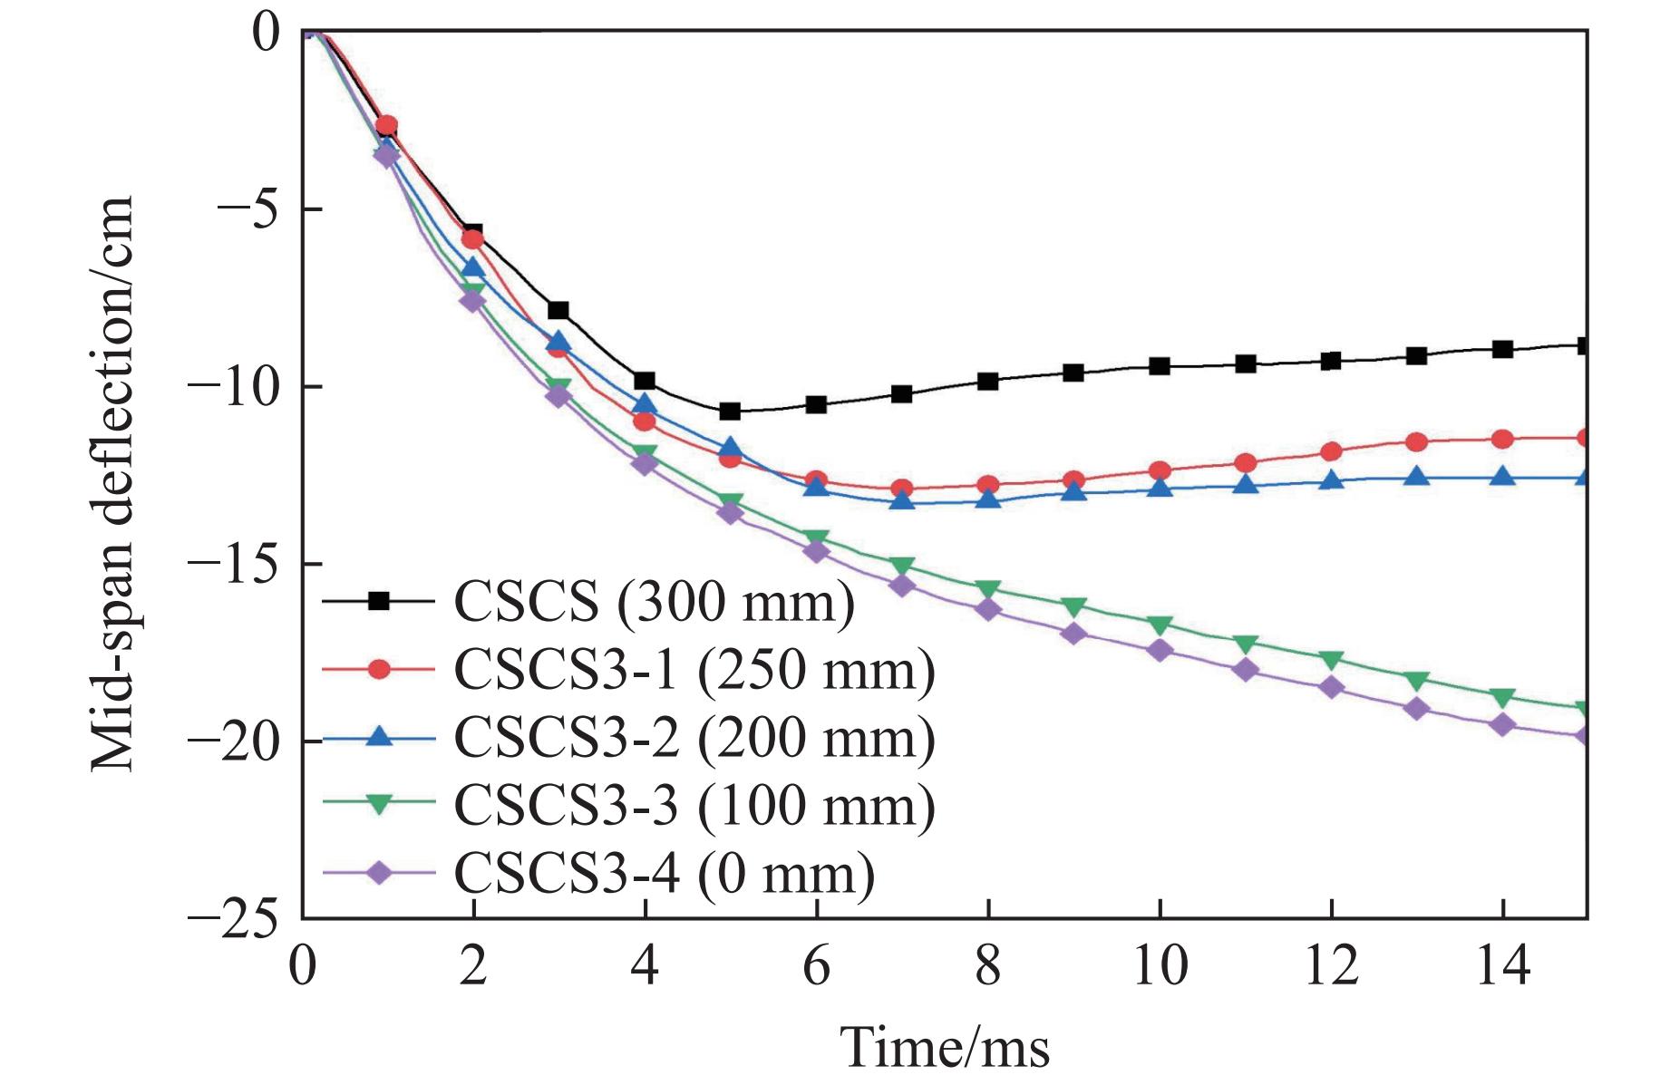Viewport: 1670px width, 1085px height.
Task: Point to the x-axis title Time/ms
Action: click(945, 1048)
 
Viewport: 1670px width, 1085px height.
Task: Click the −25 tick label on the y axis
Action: click(233, 919)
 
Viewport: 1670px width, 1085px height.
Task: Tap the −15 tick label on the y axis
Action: click(233, 564)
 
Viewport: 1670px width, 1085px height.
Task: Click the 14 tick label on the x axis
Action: click(1503, 966)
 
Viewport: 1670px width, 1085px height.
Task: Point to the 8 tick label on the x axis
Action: click(988, 966)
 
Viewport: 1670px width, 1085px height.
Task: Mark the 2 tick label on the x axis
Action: click(473, 966)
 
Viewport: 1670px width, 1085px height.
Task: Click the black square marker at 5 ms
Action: click(731, 412)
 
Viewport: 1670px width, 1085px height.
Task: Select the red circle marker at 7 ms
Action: click(902, 489)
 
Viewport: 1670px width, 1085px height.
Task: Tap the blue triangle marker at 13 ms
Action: click(1417, 476)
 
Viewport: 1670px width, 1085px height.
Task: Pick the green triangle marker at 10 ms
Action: click(1160, 625)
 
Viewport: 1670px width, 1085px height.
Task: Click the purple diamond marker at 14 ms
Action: click(1503, 724)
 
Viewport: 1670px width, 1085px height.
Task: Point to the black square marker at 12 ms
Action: click(1331, 361)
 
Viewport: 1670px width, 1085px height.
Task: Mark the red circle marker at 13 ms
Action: click(1417, 442)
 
